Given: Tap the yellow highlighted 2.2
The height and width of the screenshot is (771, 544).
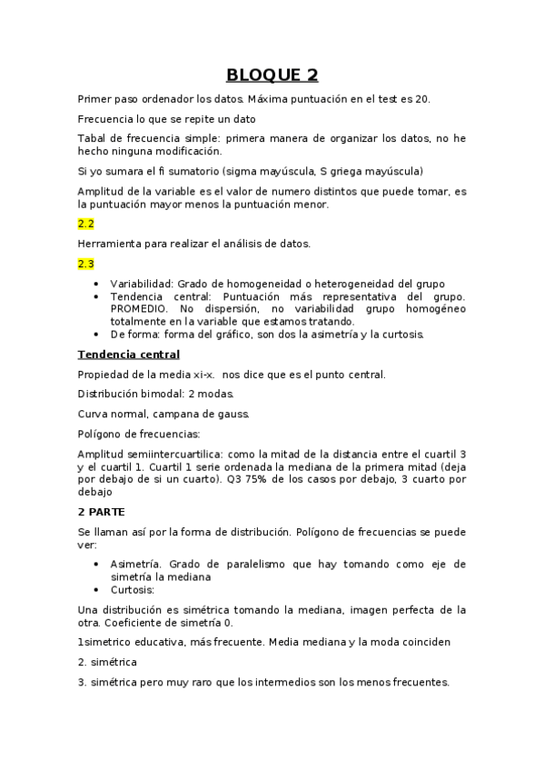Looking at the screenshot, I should click(x=85, y=223).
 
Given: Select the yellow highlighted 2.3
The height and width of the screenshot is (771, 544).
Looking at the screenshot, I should click(x=85, y=264).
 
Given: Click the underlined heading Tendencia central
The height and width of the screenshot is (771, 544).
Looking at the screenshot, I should click(x=129, y=354).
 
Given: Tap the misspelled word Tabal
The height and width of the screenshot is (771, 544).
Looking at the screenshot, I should click(x=93, y=138).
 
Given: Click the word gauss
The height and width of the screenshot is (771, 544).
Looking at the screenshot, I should click(x=205, y=414).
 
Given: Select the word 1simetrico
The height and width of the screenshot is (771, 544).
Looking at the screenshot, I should click(x=113, y=643).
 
